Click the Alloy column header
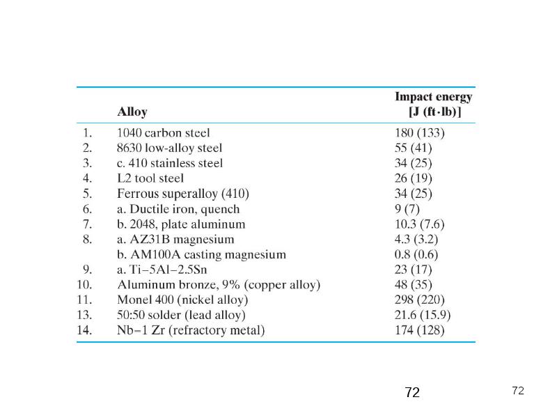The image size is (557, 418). click(132, 111)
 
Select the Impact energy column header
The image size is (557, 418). click(433, 104)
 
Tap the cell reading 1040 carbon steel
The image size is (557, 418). click(164, 133)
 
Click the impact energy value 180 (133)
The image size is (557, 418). click(420, 133)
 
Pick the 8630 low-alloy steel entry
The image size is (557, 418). click(169, 148)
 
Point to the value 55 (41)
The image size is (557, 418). click(413, 148)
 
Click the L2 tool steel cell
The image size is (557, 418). click(150, 178)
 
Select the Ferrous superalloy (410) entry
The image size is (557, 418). click(183, 194)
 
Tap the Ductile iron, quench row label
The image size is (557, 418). click(178, 209)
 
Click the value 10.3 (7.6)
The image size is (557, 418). click(420, 224)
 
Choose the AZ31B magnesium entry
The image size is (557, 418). click(175, 239)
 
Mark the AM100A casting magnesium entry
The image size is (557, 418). click(201, 254)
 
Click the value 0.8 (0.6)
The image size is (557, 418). click(416, 254)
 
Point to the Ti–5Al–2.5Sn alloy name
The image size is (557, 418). click(162, 270)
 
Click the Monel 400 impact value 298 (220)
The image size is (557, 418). click(420, 300)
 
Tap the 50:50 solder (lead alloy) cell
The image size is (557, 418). click(181, 315)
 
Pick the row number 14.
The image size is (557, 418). click(84, 330)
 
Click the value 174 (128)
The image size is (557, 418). click(420, 330)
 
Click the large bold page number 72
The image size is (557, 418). click(412, 392)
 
